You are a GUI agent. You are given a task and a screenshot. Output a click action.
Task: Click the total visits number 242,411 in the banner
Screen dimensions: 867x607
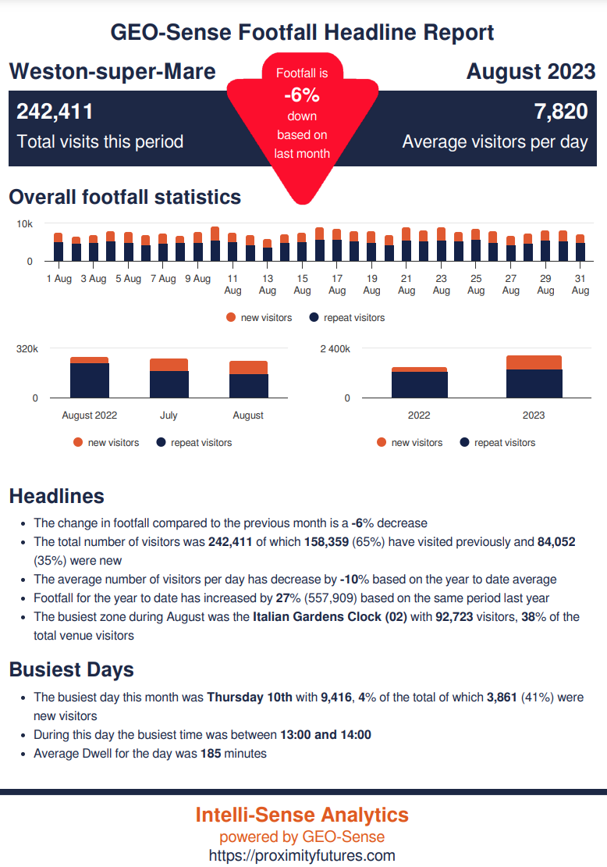(55, 112)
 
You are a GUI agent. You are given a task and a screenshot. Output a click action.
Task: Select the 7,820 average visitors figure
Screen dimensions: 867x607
(560, 112)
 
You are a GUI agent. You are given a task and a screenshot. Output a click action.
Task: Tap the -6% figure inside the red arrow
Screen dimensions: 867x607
(302, 95)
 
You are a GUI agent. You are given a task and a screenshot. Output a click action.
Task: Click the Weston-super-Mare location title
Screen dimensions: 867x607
(112, 72)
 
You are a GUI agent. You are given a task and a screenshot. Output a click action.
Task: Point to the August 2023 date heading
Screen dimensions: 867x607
(531, 72)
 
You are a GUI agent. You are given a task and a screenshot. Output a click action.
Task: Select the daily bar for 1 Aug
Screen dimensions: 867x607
(59, 248)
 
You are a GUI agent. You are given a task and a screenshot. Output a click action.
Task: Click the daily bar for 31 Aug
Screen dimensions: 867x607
(580, 248)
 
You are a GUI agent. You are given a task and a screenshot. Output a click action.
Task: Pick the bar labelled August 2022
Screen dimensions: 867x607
(89, 378)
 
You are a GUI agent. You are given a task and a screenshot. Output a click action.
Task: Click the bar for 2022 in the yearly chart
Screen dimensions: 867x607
(419, 383)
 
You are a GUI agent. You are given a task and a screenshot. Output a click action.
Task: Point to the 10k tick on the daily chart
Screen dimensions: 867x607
(25, 224)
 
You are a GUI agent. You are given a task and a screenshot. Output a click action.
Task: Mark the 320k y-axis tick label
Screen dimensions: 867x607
(27, 349)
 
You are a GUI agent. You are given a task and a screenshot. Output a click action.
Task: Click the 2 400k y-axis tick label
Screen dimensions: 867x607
(335, 349)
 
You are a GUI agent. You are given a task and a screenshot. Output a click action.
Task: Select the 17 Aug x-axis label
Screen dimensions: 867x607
(337, 284)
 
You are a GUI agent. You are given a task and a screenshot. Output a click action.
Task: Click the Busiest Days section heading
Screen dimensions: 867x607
(71, 669)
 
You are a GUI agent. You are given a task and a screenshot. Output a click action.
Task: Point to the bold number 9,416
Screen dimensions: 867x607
(337, 698)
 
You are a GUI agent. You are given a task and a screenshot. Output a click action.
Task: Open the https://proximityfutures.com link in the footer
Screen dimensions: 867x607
(302, 855)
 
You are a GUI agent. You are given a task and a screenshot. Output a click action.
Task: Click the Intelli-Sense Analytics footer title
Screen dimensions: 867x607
(302, 815)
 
